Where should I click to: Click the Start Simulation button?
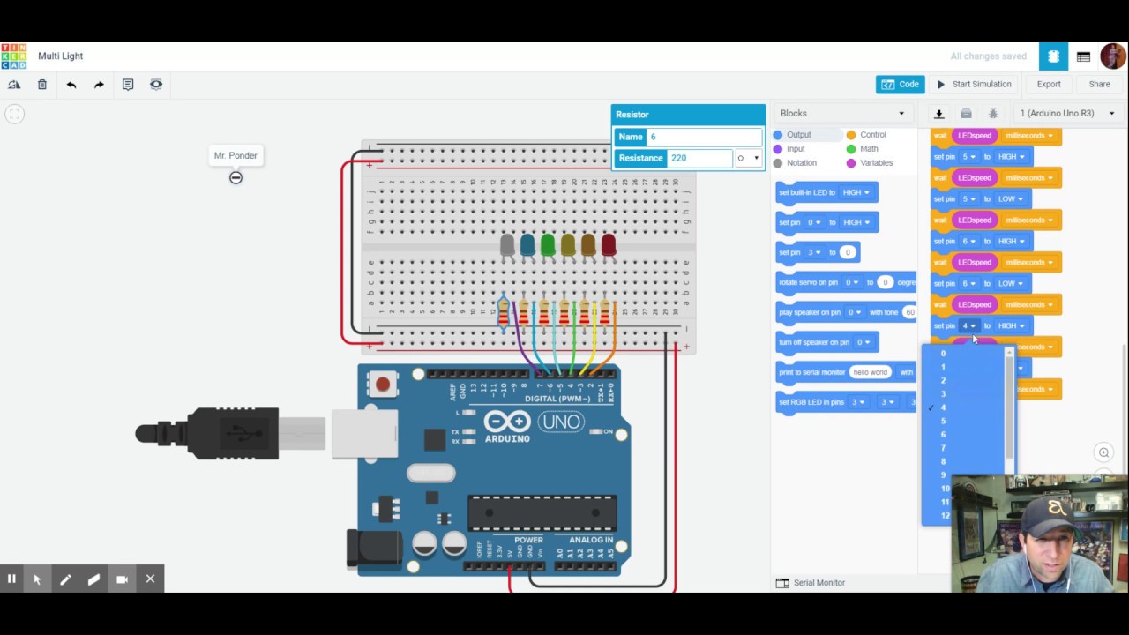(974, 85)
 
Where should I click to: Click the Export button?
(1049, 85)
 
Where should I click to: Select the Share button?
(1099, 85)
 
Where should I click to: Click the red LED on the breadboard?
(609, 245)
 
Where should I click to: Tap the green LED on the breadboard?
(548, 245)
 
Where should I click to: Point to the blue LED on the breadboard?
(527, 245)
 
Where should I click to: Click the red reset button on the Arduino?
(383, 385)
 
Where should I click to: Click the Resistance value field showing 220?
(700, 158)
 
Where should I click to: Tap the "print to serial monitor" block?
(811, 372)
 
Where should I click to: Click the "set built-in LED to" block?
(808, 192)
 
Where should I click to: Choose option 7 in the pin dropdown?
(943, 448)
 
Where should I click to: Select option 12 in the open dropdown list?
(946, 516)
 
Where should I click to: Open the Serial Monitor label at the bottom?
(819, 583)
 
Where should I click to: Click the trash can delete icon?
(42, 85)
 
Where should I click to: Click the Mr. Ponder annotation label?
(236, 156)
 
